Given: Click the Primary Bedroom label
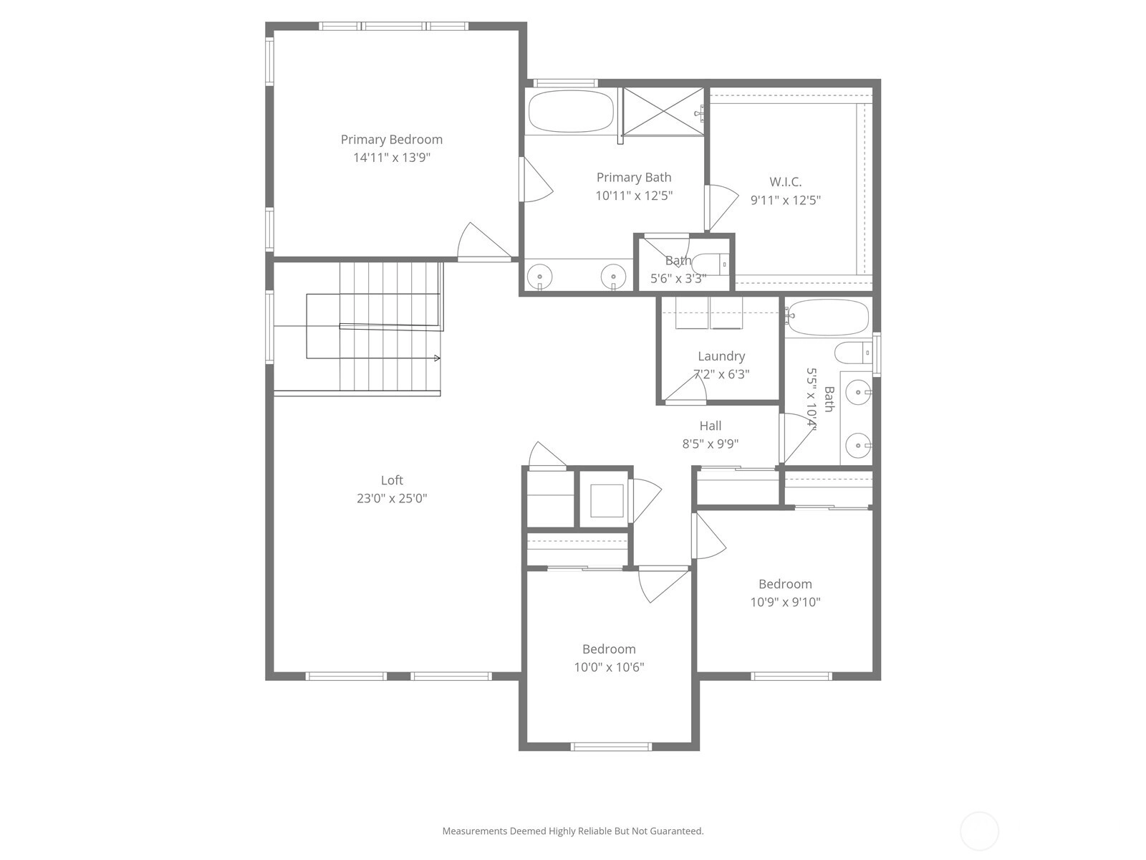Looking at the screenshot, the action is [x=392, y=140].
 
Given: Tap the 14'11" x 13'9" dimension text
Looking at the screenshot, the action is [x=392, y=158].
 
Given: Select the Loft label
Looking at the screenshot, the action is [x=392, y=480].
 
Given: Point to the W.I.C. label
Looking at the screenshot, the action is [x=785, y=182].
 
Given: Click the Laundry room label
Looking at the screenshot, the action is [x=721, y=357].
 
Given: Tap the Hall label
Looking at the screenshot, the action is [x=710, y=426].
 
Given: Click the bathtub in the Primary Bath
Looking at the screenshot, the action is [x=571, y=111].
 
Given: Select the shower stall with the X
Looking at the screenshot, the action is [x=663, y=111].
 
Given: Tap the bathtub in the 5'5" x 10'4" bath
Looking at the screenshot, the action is [x=827, y=317].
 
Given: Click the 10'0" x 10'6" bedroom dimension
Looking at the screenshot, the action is [x=609, y=667].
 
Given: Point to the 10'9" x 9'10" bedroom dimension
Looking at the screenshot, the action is [x=785, y=602].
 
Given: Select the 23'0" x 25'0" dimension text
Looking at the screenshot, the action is [x=392, y=499].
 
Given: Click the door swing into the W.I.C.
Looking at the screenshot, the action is [x=721, y=207].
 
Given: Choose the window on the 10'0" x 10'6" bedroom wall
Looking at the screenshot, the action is [x=610, y=747].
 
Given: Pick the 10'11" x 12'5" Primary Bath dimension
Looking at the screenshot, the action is [x=634, y=196].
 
